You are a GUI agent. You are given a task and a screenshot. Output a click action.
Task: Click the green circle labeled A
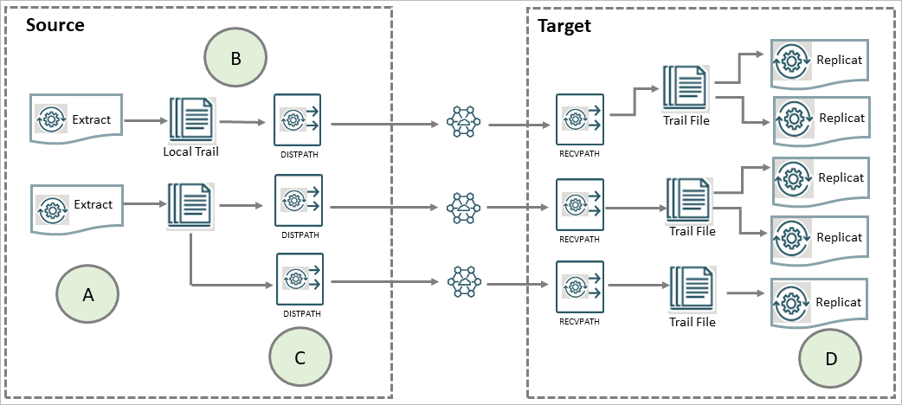pos(87,295)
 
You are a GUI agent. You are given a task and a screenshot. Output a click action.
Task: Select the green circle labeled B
pos(235,59)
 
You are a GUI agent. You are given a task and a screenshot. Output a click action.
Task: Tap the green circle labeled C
pos(300,358)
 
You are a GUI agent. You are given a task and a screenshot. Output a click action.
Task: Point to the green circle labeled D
pos(829,358)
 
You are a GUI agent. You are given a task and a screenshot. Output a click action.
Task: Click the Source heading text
pos(55,24)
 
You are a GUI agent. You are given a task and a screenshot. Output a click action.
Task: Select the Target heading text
pos(564,25)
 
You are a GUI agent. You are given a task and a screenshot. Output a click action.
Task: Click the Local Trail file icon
pos(190,120)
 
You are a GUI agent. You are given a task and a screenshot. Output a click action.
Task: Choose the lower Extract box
pos(75,204)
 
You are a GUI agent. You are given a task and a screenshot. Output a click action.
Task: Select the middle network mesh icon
pos(465,207)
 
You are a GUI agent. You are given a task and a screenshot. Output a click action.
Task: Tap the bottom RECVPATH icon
pos(579,286)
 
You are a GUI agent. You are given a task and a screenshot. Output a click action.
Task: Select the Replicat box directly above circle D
pos(819,303)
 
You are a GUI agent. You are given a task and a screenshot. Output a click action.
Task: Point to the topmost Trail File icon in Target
pos(686,88)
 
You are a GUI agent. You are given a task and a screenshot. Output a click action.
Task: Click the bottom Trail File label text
pos(693,322)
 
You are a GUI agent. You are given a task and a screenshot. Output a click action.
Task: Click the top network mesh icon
pos(465,123)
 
